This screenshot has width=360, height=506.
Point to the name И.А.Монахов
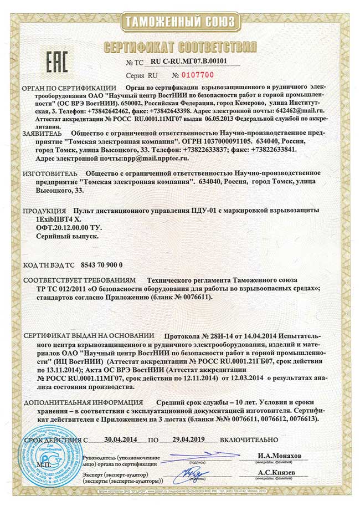click(279, 456)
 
